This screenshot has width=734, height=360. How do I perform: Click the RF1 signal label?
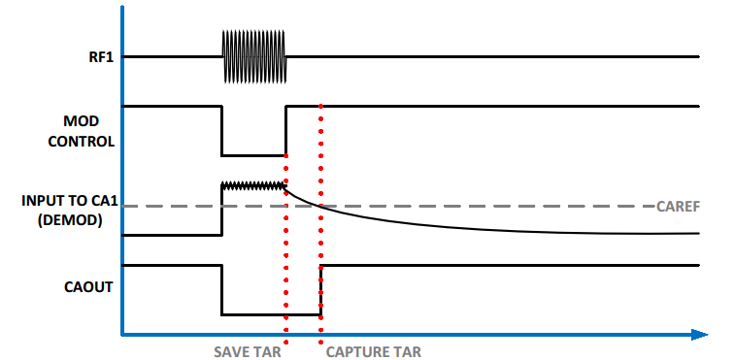pos(99,57)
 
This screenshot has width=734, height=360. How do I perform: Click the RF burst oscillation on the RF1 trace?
pos(254,57)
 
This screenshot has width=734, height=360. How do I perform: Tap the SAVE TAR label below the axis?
pos(248,350)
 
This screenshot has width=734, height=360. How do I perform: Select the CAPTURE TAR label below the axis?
pos(373,350)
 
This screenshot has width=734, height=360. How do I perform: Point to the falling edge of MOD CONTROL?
pos(222,130)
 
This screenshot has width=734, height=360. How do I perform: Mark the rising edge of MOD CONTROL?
pos(286,130)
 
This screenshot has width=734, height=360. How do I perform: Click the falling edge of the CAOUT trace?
pos(222,289)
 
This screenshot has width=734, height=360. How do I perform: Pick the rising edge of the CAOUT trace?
pos(320,289)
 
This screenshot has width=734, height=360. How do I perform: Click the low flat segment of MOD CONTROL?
pos(254,154)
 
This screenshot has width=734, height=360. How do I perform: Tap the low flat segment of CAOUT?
pos(271,313)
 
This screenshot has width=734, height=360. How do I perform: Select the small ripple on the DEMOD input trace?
pos(254,184)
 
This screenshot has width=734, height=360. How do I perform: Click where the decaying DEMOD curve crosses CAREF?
pos(320,206)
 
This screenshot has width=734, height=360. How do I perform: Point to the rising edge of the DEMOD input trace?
pos(222,210)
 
